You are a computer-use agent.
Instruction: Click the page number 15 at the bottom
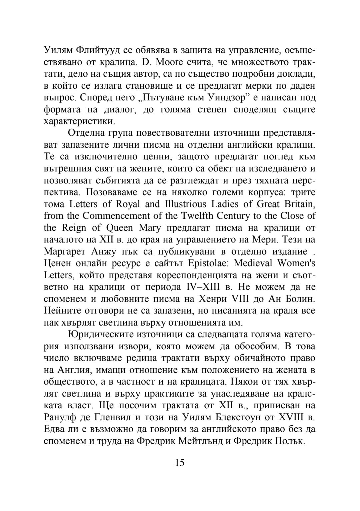(x=179, y=463)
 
